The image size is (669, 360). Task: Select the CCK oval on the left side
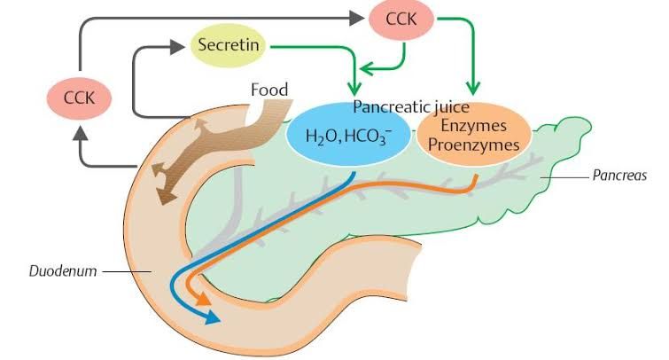click(78, 94)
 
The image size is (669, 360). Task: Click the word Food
click(270, 90)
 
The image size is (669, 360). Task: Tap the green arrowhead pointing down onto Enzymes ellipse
click(472, 90)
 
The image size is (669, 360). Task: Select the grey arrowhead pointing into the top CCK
click(354, 18)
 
